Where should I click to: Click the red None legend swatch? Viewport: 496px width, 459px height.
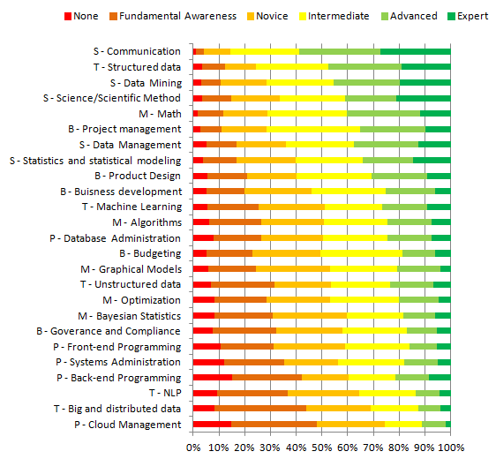[x=68, y=16]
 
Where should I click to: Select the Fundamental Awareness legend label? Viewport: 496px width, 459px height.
[x=177, y=16]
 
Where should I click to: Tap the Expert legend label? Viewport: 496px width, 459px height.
[x=472, y=16]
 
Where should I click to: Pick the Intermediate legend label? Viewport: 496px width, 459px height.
[x=339, y=16]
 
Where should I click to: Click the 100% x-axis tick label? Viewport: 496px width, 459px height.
[x=451, y=448]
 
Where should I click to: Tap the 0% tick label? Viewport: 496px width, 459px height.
[x=193, y=448]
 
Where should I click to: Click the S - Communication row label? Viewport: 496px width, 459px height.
[x=137, y=51]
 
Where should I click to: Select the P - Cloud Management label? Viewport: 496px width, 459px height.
[x=128, y=425]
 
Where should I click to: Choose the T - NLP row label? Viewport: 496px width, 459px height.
[x=165, y=393]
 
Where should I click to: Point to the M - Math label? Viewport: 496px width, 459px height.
[x=160, y=114]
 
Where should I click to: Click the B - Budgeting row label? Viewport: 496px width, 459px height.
[x=150, y=253]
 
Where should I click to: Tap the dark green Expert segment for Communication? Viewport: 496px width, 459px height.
[x=416, y=51]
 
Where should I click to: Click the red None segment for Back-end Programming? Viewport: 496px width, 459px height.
[x=213, y=378]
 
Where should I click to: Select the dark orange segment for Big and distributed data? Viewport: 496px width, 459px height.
[x=260, y=409]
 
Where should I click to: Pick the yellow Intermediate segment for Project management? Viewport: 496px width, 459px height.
[x=313, y=129]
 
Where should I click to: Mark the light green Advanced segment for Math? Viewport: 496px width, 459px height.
[x=383, y=114]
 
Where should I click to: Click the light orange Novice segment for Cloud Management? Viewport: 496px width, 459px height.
[x=350, y=425]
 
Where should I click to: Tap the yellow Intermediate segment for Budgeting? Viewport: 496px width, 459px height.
[x=361, y=253]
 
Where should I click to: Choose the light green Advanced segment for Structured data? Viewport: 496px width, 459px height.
[x=364, y=67]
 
